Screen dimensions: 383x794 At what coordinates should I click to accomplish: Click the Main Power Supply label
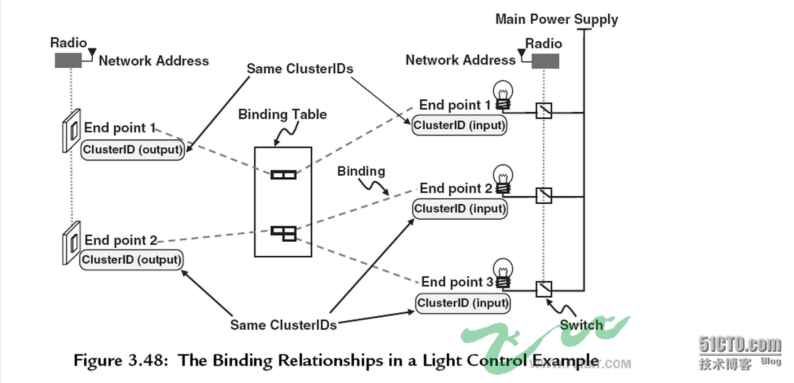point(556,19)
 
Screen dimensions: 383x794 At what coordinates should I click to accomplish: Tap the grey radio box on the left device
point(69,61)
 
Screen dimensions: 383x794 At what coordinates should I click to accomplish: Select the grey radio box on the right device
point(545,61)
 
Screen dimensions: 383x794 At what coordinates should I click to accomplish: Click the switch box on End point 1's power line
point(544,110)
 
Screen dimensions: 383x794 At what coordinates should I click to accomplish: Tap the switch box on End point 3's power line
point(544,290)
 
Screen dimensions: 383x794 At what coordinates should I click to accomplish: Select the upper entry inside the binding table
point(283,175)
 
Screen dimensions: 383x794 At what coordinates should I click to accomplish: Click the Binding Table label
point(283,115)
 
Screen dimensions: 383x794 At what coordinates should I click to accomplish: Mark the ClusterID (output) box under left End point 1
point(132,150)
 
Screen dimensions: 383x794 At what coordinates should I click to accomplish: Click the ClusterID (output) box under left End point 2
point(131,260)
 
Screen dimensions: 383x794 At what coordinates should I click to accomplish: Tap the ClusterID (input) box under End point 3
point(463,303)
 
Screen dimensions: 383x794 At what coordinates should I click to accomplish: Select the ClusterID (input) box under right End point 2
point(460,208)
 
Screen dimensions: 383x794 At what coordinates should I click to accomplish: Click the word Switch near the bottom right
point(581,325)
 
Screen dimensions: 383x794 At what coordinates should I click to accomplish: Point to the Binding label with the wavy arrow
point(361,172)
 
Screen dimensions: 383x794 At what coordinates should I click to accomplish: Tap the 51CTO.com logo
point(739,345)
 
